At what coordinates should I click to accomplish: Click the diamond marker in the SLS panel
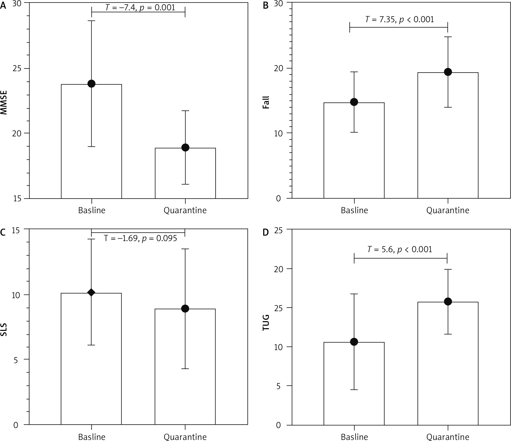coord(92,292)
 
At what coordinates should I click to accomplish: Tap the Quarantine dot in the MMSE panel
coord(185,147)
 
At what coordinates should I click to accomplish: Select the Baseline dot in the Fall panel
coord(354,102)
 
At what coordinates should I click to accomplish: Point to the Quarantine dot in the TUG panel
coord(448,301)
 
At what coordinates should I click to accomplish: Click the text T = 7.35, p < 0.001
coord(399,19)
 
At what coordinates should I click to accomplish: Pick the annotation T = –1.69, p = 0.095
coord(140,238)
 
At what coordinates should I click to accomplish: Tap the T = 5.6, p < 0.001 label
coord(400,249)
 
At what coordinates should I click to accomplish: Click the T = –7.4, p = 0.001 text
coord(140,7)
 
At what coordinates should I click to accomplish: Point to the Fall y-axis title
coord(266,102)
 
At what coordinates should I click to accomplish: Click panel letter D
coord(266,232)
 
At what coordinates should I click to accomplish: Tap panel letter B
coord(266,5)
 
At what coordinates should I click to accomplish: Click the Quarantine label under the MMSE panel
coord(185,210)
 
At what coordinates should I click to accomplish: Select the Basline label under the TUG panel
coord(354,437)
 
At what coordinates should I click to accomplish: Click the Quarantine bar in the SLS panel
coord(185,368)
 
